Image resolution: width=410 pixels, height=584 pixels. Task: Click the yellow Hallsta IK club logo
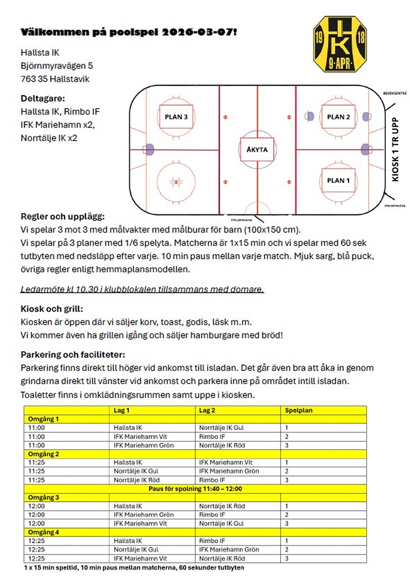339,44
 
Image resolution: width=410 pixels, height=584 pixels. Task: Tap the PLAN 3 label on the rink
176,117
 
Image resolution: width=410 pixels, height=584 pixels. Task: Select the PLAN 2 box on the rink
338,117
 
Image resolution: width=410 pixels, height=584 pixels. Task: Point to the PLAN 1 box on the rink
338,181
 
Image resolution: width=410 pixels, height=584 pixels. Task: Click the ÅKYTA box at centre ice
257,150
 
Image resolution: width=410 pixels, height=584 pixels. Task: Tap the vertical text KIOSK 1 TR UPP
395,149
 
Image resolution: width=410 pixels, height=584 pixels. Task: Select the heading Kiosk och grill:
52,309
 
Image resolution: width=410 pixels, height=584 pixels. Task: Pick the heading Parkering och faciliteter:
73,355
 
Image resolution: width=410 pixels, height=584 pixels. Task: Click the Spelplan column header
298,410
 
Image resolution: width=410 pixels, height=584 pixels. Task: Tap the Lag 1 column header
121,410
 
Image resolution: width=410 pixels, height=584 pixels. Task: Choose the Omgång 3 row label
43,497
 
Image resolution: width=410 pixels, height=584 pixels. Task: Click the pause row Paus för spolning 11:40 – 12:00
195,489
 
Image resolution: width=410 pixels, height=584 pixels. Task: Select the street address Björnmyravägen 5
57,66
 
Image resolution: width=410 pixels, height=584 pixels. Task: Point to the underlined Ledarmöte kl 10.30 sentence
142,289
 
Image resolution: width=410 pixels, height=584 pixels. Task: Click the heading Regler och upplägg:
62,217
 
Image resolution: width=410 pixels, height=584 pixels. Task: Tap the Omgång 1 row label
43,419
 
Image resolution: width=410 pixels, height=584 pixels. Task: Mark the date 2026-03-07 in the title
199,32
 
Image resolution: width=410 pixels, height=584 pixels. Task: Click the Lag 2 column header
207,410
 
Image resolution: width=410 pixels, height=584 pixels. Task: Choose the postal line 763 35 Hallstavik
55,79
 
